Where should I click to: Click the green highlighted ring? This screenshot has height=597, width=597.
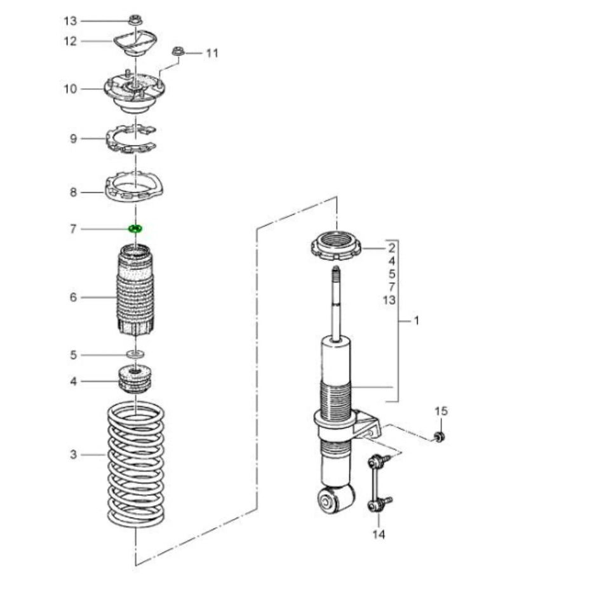135,229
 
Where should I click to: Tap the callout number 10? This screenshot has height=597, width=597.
70,89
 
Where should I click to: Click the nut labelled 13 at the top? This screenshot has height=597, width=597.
134,20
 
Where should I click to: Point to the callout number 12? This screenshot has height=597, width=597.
70,41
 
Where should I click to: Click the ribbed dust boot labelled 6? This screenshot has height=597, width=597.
135,295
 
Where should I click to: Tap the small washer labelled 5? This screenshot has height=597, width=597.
135,354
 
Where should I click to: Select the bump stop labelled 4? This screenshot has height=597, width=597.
135,379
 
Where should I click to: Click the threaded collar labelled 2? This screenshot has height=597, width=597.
337,246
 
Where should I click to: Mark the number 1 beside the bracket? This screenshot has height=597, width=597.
417,321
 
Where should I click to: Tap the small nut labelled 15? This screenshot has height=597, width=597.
439,436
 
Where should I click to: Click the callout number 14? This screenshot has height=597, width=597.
379,535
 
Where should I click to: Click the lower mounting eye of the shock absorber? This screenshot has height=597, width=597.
337,499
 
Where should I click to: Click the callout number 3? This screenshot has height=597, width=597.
74,454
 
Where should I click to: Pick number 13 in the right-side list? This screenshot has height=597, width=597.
389,300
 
